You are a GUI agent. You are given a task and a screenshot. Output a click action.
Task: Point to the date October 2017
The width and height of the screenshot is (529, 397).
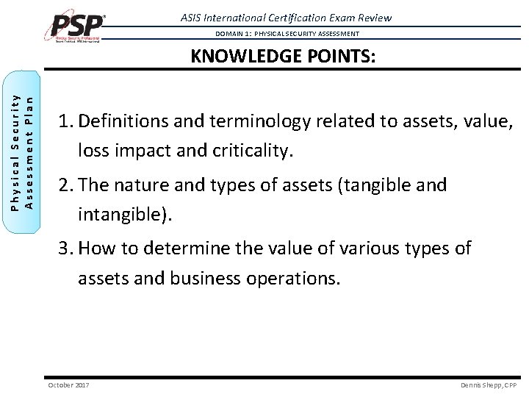tap(68, 385)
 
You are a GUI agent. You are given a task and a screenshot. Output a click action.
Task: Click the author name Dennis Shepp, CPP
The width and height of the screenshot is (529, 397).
tap(489, 385)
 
